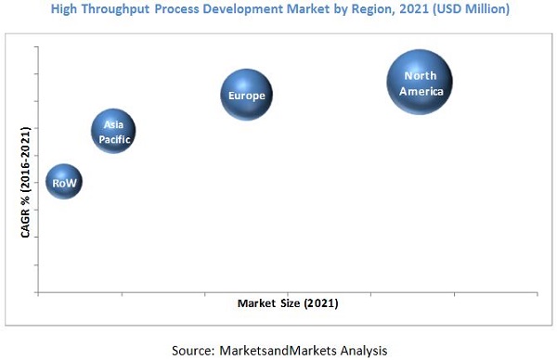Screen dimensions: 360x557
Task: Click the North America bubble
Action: point(420,83)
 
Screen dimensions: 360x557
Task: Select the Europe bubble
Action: point(247,96)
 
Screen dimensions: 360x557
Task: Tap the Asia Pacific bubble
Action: point(112,131)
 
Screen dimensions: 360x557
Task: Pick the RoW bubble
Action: point(64,184)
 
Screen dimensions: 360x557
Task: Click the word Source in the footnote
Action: point(193,349)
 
